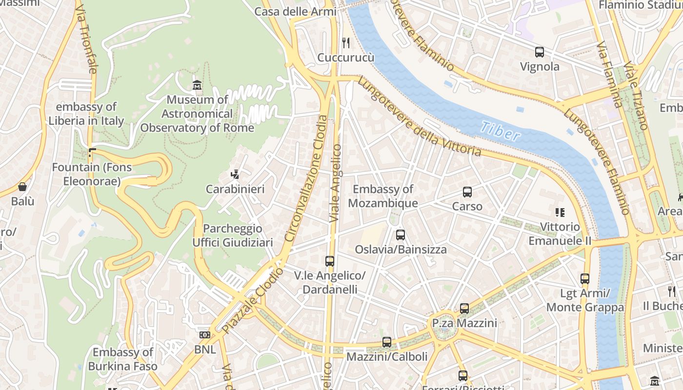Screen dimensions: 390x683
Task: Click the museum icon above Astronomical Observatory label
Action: pos(197,85)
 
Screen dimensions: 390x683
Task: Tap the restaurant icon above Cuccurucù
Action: pos(346,43)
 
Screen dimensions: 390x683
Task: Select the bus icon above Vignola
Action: pos(540,52)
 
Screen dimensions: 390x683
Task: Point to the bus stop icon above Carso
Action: pos(467,192)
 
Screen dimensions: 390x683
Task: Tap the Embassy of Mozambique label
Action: pos(383,196)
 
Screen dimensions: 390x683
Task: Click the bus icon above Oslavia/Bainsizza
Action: pos(401,235)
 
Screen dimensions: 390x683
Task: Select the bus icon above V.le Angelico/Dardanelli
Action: pos(330,261)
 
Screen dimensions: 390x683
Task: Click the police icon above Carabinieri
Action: pos(235,175)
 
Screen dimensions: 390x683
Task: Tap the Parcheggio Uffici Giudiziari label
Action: pos(233,235)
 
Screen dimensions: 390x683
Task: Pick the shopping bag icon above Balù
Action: pos(22,187)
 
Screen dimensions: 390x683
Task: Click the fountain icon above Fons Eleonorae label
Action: pos(91,153)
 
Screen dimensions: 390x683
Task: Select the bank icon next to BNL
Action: pos(204,335)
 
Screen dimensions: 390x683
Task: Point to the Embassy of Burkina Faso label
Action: pos(123,359)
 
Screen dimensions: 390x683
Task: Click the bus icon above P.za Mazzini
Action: pos(464,308)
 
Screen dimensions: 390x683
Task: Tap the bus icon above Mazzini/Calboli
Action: pos(387,342)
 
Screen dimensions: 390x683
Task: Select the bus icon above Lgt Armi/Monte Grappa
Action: pos(585,279)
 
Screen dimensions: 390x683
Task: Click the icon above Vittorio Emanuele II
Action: pos(560,212)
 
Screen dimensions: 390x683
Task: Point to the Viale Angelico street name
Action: pos(336,183)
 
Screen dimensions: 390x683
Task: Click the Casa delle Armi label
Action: pos(296,12)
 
